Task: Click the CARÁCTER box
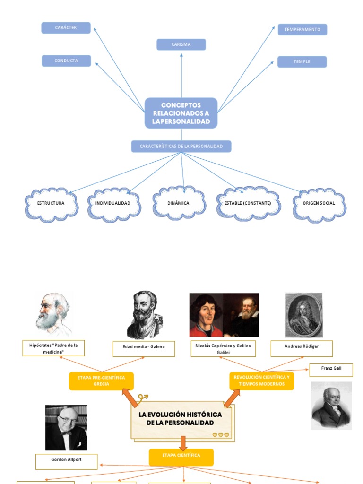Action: [x=66, y=28]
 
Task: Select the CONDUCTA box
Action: [x=66, y=60]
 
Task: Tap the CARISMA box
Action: [x=181, y=44]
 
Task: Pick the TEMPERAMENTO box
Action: [x=302, y=29]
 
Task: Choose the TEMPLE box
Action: [x=302, y=61]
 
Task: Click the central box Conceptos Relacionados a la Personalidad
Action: [x=181, y=113]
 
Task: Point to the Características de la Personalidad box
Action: [x=181, y=147]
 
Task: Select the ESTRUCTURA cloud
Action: [x=51, y=204]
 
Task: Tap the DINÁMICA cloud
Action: [x=178, y=203]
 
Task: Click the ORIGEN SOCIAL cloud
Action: [x=319, y=204]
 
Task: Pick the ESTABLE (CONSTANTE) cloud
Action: [x=248, y=204]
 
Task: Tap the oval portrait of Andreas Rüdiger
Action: [x=303, y=315]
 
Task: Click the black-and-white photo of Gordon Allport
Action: [x=66, y=427]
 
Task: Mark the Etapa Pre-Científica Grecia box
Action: [x=101, y=381]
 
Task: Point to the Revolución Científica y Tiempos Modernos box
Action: [x=261, y=380]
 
